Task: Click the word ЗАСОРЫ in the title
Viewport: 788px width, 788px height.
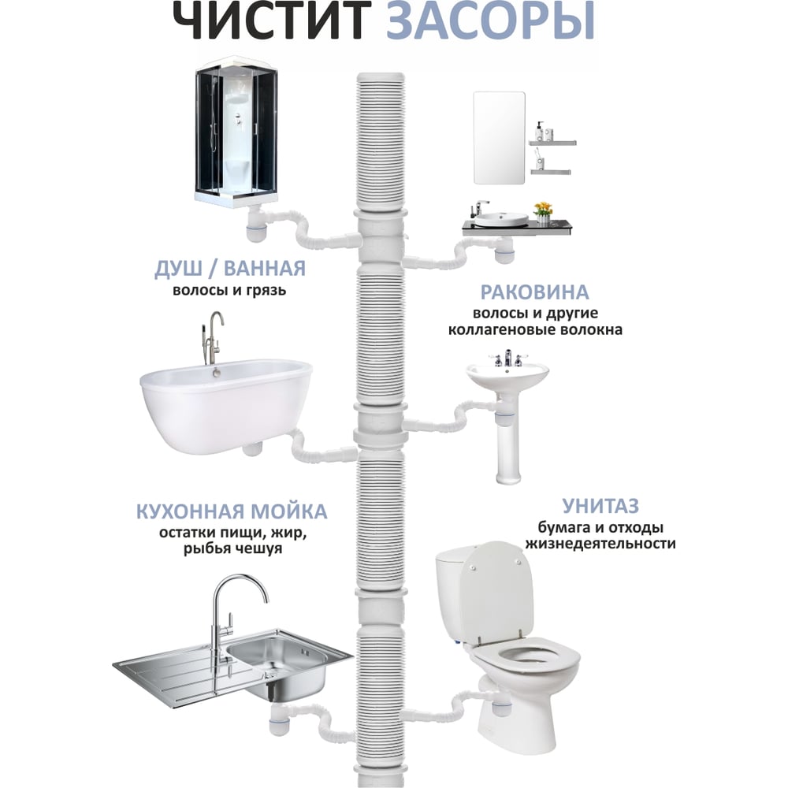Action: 490,20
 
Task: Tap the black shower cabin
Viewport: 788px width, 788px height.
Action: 236,131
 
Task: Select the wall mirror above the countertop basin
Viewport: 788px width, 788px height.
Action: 499,138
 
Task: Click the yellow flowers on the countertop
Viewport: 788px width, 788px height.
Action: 543,208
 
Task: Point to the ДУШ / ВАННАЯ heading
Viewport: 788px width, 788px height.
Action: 229,269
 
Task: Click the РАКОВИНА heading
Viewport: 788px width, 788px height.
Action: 535,292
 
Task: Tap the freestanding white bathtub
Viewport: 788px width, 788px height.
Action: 226,404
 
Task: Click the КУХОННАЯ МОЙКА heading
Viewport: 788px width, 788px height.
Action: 232,511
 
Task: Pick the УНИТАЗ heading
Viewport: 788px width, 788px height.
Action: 600,506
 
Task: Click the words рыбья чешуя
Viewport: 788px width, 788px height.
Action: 232,548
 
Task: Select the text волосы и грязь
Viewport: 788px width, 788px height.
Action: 229,290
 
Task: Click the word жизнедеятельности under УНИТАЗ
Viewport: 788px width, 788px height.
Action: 600,544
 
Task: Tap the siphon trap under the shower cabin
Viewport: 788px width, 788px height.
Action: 256,229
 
